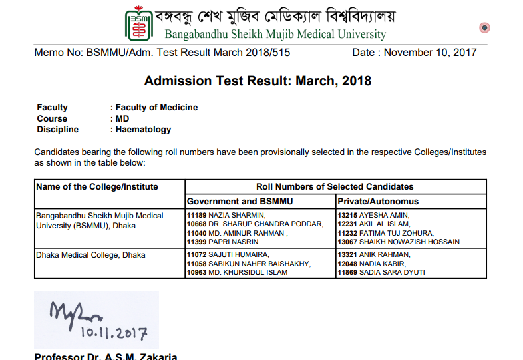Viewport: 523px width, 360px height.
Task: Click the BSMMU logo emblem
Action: point(139,24)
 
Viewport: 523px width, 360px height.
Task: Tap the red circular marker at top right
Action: point(484,28)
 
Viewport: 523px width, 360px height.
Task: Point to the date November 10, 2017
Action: point(415,53)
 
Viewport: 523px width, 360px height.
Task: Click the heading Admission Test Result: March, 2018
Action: point(258,81)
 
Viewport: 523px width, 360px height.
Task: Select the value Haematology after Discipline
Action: point(143,130)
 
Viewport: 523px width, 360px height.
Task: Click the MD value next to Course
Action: point(122,118)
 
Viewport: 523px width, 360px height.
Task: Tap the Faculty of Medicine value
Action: point(156,107)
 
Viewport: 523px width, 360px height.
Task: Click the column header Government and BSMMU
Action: point(240,201)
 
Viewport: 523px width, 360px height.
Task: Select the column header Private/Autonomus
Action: point(378,201)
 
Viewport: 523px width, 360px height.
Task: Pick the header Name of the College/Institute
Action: point(97,187)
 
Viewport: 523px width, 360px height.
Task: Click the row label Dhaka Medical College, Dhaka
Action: point(90,255)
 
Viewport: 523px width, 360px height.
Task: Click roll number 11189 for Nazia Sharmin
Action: point(197,215)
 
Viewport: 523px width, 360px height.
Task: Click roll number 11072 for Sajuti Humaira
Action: point(197,255)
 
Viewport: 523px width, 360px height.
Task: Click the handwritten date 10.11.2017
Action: point(114,331)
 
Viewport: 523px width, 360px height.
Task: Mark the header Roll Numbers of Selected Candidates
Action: point(335,187)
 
